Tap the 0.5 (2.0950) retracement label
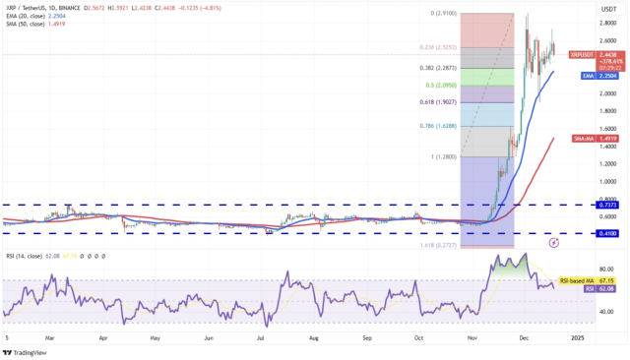click(x=441, y=85)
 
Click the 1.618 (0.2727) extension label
click(x=436, y=245)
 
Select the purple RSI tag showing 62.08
click(x=590, y=289)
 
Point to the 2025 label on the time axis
click(x=576, y=336)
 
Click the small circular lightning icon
click(x=554, y=240)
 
